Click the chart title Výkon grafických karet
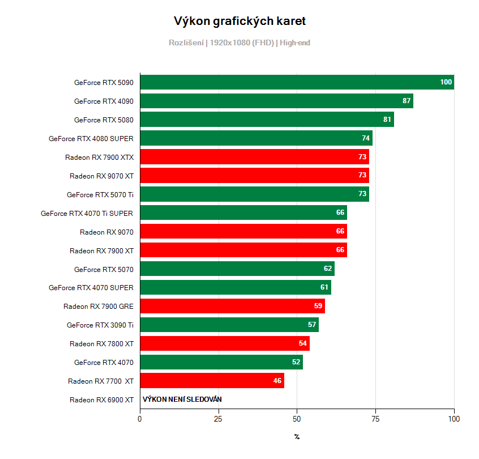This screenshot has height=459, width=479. tap(239, 22)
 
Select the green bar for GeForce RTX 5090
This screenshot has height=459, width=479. tap(297, 82)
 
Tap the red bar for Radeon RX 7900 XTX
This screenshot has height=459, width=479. tap(254, 157)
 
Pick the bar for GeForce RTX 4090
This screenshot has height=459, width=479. tap(276, 101)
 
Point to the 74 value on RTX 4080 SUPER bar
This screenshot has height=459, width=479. tap(366, 138)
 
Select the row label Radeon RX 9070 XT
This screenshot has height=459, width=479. tap(101, 176)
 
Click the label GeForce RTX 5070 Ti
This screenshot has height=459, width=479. tap(100, 194)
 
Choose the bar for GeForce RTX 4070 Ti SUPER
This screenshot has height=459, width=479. tap(243, 213)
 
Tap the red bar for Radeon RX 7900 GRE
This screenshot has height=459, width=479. tap(232, 307)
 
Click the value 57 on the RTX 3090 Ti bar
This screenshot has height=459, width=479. tap(312, 325)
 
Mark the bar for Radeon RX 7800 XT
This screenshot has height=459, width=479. tap(224, 344)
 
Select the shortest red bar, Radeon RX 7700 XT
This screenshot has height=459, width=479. tap(212, 381)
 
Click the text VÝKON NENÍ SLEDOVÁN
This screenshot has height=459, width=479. tap(182, 399)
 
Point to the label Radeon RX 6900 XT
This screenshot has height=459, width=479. tap(101, 400)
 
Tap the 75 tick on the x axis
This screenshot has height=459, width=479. tap(375, 419)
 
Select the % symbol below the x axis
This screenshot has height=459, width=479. tap(297, 437)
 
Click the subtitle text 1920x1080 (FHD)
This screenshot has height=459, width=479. tap(242, 42)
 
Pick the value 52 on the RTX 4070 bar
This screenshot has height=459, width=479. tap(296, 363)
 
